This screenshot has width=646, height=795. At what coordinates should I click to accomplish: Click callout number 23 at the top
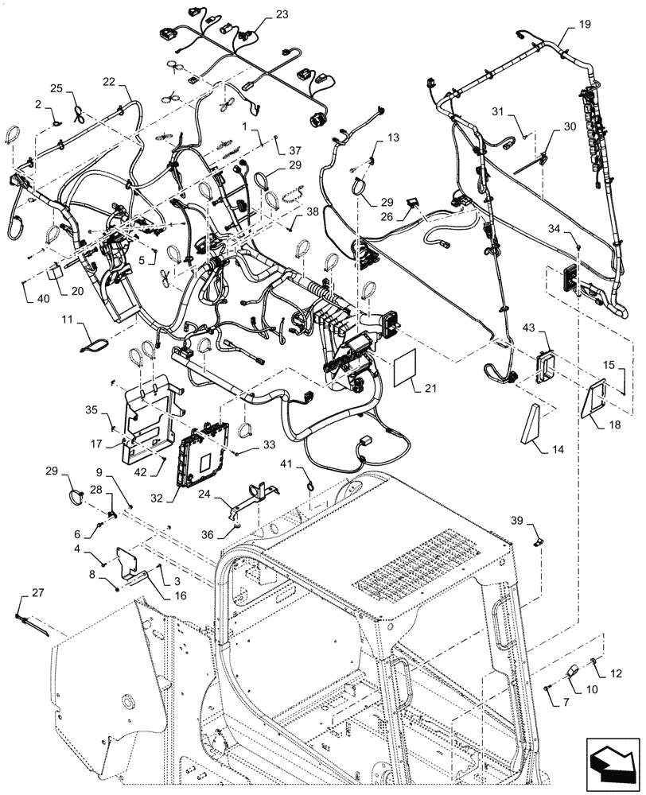tap(261, 15)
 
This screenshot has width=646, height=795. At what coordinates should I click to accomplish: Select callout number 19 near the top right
tap(585, 25)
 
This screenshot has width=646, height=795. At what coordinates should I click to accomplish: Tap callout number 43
tap(529, 328)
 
